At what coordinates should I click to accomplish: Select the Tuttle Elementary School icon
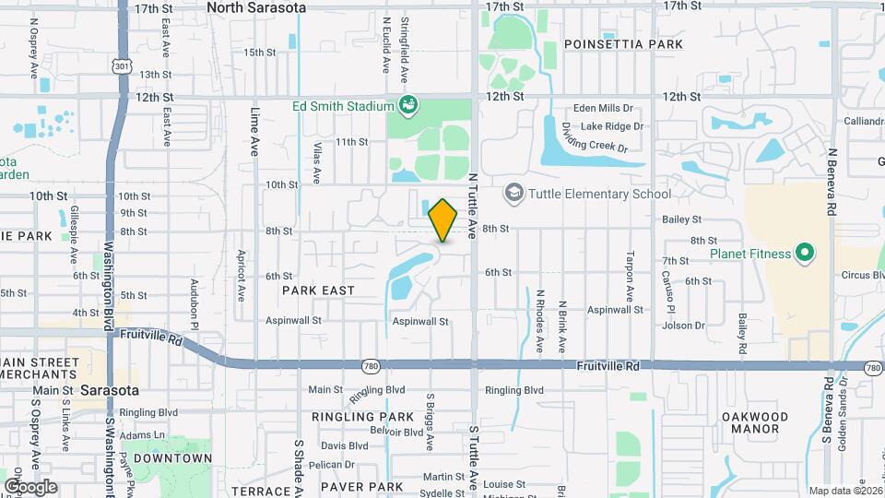point(513,194)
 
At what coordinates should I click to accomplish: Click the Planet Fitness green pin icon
point(804,253)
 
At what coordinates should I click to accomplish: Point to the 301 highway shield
point(123,65)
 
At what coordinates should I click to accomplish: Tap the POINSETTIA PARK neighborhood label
point(623,44)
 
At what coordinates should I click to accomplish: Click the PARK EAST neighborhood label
point(318,290)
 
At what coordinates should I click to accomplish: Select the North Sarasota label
point(255,7)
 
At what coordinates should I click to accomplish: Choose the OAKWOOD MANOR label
point(756,422)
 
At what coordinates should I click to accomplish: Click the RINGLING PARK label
point(362,417)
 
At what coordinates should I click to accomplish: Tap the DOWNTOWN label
point(172,458)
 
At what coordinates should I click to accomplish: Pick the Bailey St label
point(681,219)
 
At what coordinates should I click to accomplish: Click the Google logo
point(30,486)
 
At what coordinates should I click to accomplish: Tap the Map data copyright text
point(844,492)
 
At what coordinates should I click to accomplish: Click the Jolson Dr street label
point(683,325)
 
